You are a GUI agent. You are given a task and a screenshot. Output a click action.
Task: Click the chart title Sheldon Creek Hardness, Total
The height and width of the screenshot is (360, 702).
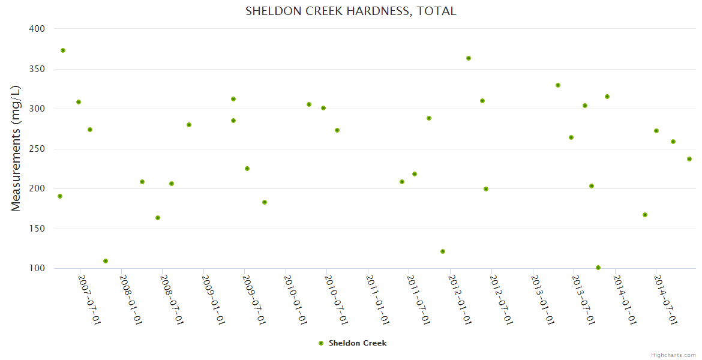point(350,11)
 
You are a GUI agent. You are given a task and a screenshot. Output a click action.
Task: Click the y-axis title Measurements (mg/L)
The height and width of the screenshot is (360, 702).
point(16,148)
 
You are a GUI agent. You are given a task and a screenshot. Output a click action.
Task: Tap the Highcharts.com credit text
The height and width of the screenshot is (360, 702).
point(673,355)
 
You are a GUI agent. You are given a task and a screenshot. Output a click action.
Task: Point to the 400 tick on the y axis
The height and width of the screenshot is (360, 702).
point(38,29)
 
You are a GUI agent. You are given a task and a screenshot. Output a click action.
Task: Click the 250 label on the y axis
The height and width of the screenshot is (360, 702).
point(38,149)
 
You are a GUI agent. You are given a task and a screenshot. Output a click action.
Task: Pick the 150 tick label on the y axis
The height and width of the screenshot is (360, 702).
point(38,229)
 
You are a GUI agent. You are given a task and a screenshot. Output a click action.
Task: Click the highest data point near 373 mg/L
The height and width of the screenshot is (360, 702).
point(63,50)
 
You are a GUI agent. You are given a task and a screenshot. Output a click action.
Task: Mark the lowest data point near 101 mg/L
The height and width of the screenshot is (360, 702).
point(598,268)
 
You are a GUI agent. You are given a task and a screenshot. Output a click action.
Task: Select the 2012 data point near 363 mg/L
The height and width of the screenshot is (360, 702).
point(469,58)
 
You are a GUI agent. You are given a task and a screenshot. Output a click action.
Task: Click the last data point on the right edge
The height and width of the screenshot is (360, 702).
point(689,159)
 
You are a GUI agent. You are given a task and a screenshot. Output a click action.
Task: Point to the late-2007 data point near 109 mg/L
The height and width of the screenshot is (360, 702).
point(106,261)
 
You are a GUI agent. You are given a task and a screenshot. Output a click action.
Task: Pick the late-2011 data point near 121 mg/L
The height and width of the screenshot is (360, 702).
point(443,251)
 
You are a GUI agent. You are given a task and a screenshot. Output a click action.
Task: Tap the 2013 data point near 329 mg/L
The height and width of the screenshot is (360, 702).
point(558,85)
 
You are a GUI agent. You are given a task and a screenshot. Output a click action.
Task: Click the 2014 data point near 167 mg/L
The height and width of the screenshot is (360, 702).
point(645,215)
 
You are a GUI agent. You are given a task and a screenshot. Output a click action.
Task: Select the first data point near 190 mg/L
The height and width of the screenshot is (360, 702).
point(60,196)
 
